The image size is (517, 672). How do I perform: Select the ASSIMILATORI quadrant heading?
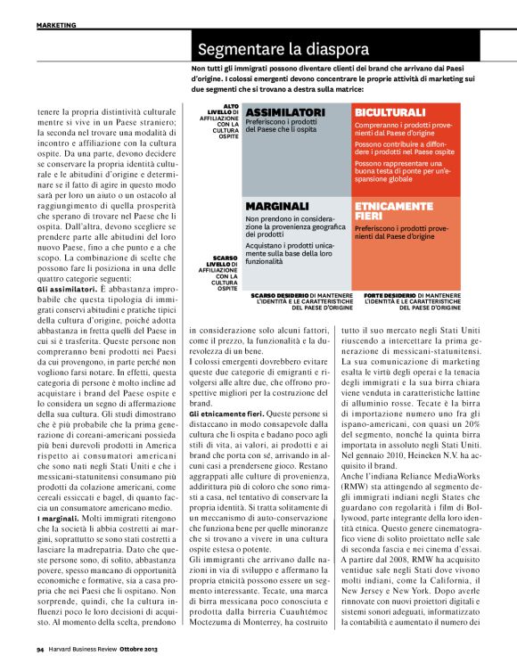284,112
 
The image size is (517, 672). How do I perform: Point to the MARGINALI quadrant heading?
276,205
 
